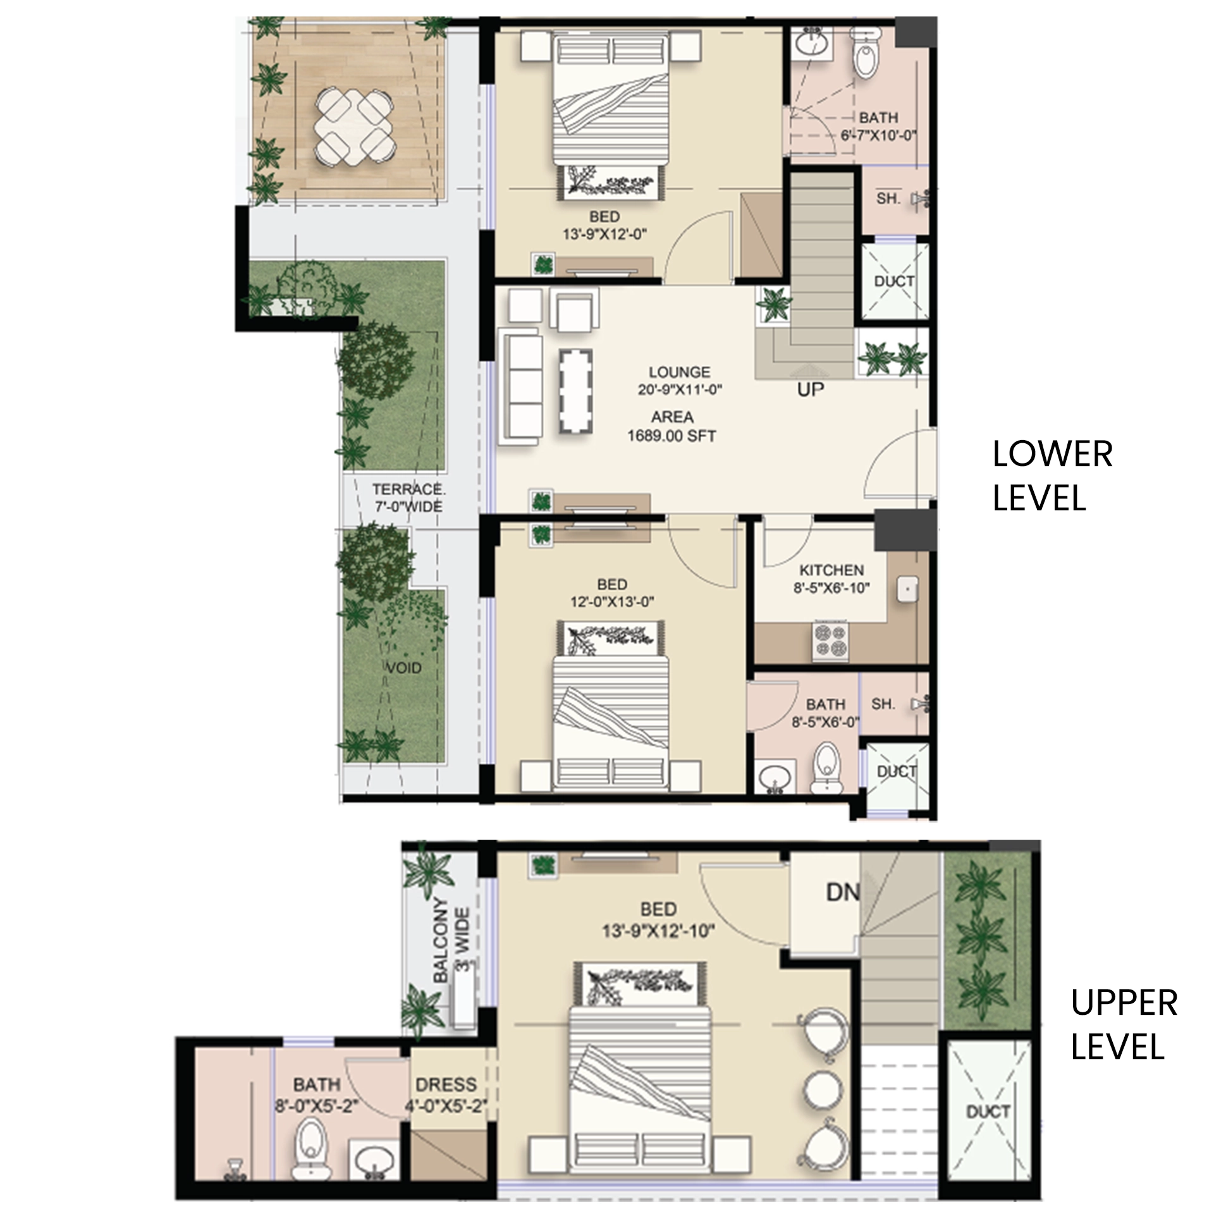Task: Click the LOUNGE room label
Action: tap(679, 372)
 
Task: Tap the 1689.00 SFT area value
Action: tap(671, 436)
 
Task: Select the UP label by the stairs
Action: tap(810, 389)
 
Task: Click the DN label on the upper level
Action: tap(843, 892)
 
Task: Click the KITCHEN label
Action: tap(831, 570)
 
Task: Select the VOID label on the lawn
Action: tap(403, 668)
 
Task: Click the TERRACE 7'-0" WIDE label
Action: tap(408, 498)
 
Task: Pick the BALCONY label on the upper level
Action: tap(441, 940)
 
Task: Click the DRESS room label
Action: tap(446, 1085)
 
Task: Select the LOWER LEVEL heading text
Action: tap(1052, 476)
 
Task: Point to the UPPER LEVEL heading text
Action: tap(1124, 1025)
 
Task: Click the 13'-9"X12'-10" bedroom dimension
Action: tap(659, 931)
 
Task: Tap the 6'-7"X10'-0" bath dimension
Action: tap(878, 135)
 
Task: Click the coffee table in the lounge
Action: tap(576, 391)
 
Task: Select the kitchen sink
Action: tap(908, 589)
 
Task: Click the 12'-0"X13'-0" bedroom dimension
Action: tap(612, 602)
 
